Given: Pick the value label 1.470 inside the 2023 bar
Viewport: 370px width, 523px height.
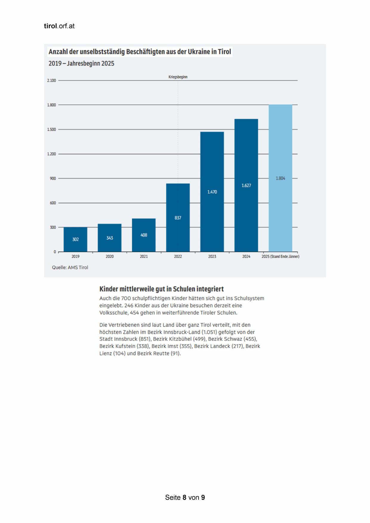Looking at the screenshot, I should [x=212, y=192].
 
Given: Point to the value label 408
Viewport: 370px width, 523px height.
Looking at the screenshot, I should [x=144, y=235].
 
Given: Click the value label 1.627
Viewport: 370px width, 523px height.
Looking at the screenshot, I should [x=246, y=185].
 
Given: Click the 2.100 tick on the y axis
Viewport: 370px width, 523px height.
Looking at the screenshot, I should [x=52, y=81].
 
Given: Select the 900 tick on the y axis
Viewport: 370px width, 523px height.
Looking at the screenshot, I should [x=52, y=178].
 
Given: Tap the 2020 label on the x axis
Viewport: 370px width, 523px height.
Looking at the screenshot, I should [x=109, y=256].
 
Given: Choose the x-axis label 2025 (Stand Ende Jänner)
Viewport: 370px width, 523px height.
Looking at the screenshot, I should [x=280, y=256].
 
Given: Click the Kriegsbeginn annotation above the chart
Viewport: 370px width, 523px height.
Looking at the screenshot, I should [x=178, y=77].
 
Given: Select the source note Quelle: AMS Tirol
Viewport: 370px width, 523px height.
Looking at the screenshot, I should [x=70, y=267].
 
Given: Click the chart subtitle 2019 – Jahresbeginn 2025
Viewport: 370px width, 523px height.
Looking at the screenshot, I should [x=81, y=64].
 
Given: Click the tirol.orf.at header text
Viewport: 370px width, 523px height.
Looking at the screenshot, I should [x=59, y=26].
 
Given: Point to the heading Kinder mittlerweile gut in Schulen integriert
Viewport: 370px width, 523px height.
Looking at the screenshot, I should [x=162, y=289].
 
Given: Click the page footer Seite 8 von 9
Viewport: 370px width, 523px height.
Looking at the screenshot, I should [x=185, y=497].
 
